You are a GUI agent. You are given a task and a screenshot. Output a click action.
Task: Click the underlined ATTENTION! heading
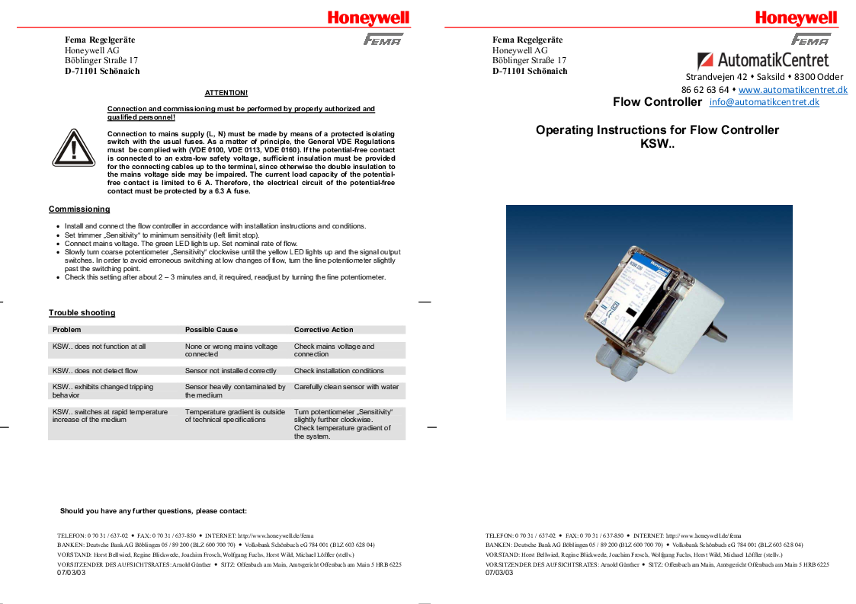tap(226, 93)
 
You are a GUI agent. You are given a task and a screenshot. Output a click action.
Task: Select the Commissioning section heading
tap(79, 209)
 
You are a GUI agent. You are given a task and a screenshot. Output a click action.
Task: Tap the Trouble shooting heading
tap(82, 313)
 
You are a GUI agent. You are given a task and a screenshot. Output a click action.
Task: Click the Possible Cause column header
tap(211, 330)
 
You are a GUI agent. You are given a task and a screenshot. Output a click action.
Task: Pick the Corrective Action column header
tap(323, 330)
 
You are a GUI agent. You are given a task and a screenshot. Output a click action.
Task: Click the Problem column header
tap(66, 330)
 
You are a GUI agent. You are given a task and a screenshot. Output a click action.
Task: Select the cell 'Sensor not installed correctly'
tap(230, 371)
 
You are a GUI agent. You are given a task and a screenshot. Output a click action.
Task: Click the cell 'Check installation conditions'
tap(338, 371)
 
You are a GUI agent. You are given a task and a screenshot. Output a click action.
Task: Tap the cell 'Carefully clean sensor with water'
tap(346, 387)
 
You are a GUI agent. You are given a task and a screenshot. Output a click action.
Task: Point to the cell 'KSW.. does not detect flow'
tap(95, 371)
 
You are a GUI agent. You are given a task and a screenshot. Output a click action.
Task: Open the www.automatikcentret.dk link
tap(793, 90)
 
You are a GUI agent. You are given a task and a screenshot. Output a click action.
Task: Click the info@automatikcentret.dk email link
tap(764, 102)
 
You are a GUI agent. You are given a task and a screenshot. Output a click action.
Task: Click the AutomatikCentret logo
tap(762, 60)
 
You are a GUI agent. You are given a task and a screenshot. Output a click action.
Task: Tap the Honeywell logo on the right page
tap(796, 18)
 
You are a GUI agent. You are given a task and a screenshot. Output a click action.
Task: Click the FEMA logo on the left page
tap(383, 40)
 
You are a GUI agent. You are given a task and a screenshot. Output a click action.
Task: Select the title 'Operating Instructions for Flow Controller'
tap(657, 130)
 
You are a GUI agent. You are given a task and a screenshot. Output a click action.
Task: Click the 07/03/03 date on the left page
tap(72, 573)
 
